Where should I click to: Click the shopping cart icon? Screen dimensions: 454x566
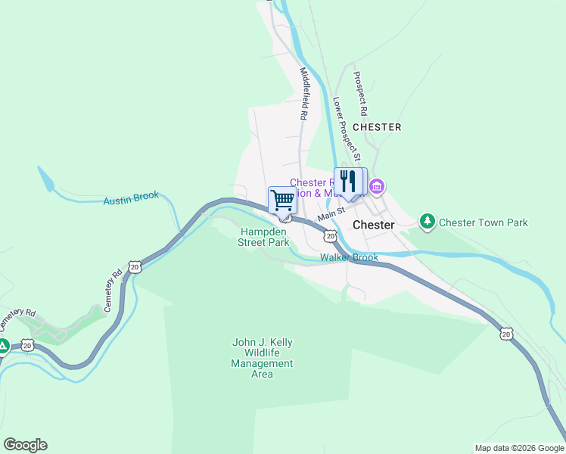coord(282,201)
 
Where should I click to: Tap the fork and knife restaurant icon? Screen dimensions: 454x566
coord(347,182)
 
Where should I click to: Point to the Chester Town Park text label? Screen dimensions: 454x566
coord(484,222)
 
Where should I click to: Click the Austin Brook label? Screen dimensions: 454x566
coord(131,198)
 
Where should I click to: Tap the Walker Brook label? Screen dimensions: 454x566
coord(349,258)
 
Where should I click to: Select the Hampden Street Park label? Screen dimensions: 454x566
coord(264,238)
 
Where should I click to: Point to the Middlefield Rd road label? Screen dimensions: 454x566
coord(304,95)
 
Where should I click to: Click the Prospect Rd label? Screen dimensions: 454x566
coord(361,94)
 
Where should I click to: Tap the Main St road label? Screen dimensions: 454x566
coord(331,216)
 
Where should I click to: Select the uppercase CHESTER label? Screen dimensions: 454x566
coord(377,127)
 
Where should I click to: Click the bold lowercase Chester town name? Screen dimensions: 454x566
coord(373,225)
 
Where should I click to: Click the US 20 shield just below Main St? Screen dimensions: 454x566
coord(330,236)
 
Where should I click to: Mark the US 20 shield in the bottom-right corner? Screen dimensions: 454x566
coord(506,333)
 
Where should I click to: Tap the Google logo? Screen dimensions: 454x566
coord(25,445)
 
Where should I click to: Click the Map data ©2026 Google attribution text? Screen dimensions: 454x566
coord(518,448)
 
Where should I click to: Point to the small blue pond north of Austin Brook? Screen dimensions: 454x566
coord(45,180)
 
